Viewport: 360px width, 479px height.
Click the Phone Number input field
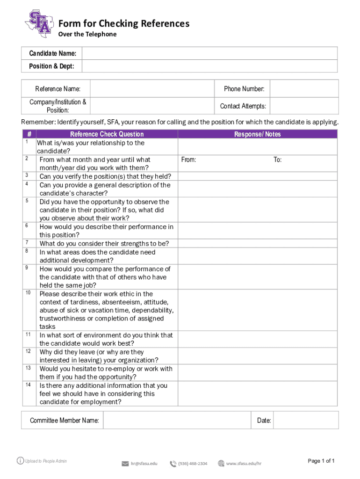304,88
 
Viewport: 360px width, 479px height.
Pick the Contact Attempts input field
304,106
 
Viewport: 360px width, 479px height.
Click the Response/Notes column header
258,134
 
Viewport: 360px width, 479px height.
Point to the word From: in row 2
188,160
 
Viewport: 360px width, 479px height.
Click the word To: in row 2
277,160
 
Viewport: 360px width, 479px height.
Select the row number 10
28,293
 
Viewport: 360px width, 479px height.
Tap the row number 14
28,385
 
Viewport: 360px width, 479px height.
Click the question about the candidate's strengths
104,243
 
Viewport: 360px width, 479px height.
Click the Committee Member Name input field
177,420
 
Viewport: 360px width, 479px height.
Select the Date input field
305,420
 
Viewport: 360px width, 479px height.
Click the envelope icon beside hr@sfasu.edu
125,464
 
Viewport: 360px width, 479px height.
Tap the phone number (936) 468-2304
193,464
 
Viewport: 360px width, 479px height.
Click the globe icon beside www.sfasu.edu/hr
221,464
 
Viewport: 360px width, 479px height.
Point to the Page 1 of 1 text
321,461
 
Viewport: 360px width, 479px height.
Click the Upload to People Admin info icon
20,461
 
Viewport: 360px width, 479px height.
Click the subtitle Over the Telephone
87,34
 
